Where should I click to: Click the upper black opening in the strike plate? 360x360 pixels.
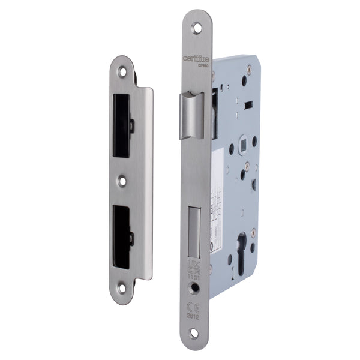tap(122, 124)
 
